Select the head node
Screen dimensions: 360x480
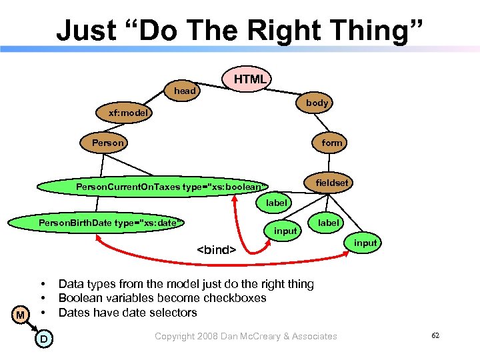click(185, 91)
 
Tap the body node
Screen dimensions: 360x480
click(317, 103)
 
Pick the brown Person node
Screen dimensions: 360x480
click(107, 143)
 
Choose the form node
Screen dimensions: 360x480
click(331, 143)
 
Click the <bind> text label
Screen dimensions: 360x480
click(216, 250)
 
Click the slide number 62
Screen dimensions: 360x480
click(435, 335)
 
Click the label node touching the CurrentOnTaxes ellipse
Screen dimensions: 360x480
click(277, 202)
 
